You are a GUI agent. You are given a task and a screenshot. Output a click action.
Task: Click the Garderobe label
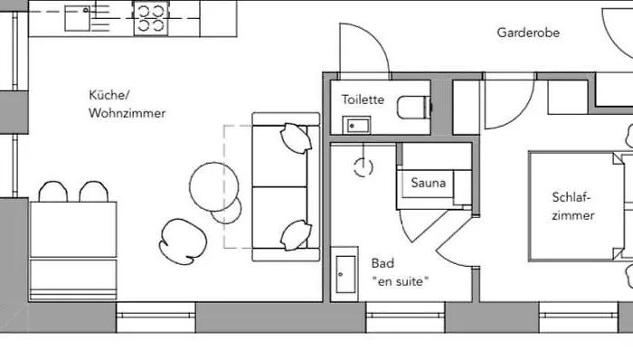point(528,33)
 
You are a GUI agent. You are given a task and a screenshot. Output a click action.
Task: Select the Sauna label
point(429,183)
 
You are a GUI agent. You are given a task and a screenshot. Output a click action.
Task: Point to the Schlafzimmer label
point(573,206)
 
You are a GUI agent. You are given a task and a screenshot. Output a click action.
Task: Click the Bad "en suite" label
point(399,272)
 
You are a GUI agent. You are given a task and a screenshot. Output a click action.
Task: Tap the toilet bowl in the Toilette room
point(413,108)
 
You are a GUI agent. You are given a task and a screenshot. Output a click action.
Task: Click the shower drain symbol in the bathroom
point(364,166)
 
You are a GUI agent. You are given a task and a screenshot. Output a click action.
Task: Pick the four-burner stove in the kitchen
point(151,16)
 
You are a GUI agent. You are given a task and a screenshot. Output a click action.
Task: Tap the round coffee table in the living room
point(216,186)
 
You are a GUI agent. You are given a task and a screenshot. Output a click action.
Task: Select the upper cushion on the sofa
point(295,137)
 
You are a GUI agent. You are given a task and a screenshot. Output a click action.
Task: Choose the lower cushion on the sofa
point(295,235)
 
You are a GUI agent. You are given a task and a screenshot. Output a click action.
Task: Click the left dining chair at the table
point(52,192)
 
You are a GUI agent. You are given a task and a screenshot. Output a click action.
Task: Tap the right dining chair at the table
point(93,192)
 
